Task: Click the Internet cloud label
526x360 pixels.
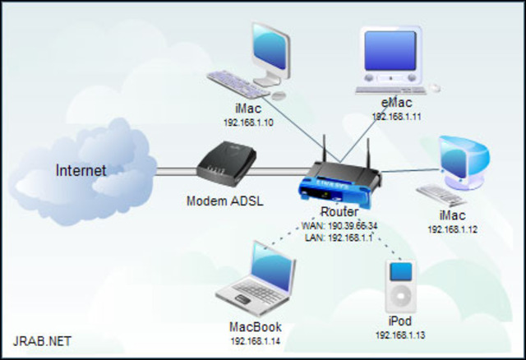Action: pyautogui.click(x=81, y=170)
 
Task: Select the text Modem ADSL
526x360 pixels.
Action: pyautogui.click(x=225, y=201)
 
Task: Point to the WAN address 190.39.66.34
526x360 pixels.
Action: pyautogui.click(x=339, y=225)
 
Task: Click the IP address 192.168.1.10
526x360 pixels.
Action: pyautogui.click(x=248, y=122)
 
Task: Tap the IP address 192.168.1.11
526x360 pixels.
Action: pyautogui.click(x=396, y=117)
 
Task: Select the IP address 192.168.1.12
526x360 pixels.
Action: pyautogui.click(x=453, y=229)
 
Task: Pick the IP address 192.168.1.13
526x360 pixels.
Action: pyautogui.click(x=400, y=335)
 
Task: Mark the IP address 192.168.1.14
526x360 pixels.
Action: pyautogui.click(x=255, y=340)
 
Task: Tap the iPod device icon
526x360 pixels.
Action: pyautogui.click(x=400, y=284)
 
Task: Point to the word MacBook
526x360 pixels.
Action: pyautogui.click(x=255, y=327)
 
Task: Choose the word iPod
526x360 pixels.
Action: pyautogui.click(x=400, y=321)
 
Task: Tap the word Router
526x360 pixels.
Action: pyautogui.click(x=339, y=212)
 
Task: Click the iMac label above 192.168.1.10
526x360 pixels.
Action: pyautogui.click(x=248, y=108)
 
